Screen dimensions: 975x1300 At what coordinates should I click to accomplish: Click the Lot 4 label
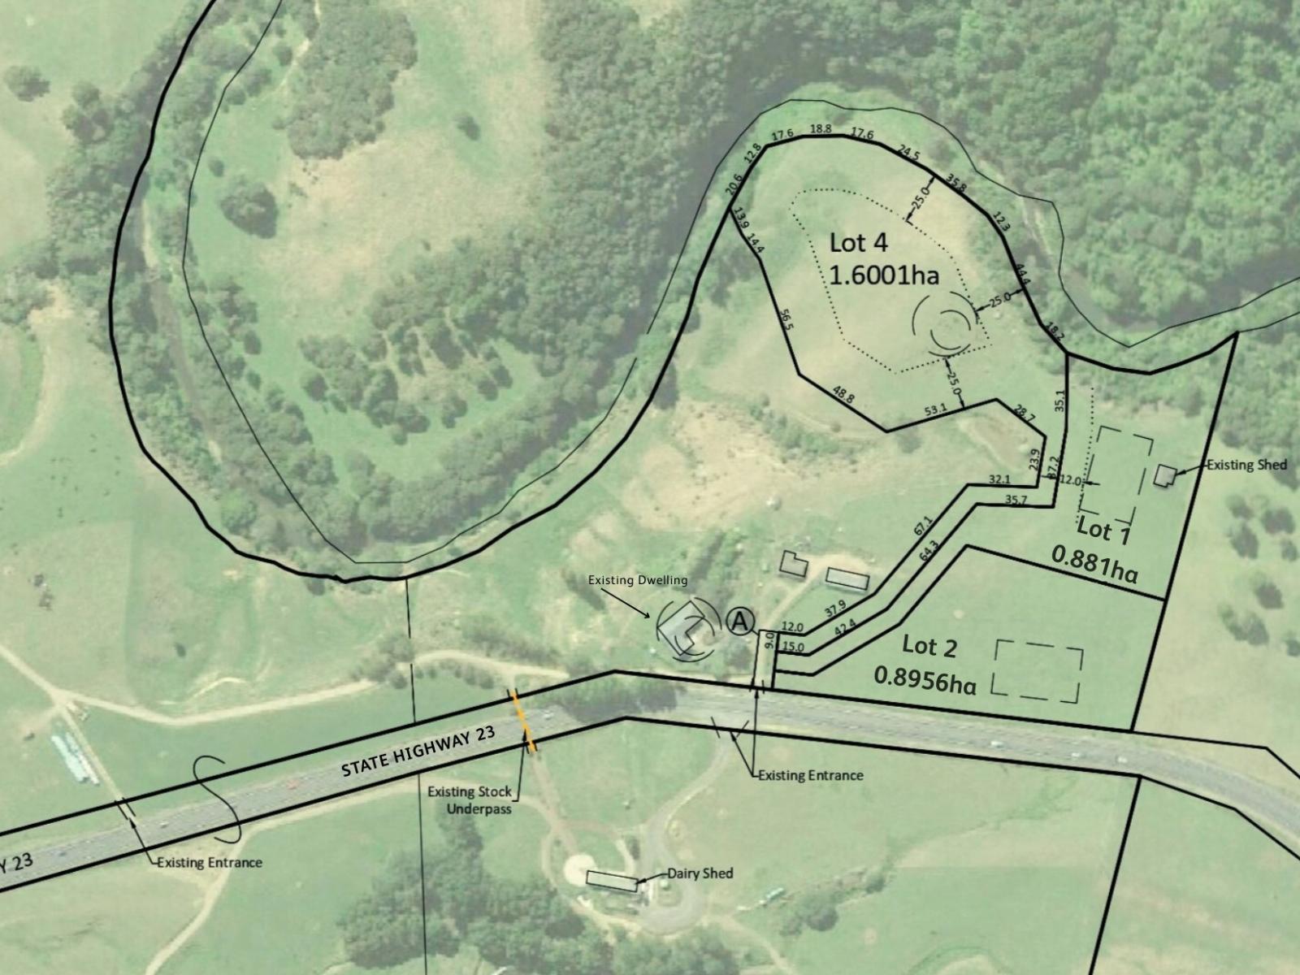click(859, 243)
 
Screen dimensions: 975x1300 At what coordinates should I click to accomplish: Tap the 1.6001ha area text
click(884, 275)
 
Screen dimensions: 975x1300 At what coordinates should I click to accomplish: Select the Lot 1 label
click(1103, 531)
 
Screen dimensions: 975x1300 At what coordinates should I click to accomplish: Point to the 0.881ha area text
click(1094, 564)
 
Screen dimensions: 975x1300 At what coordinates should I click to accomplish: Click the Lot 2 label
click(929, 647)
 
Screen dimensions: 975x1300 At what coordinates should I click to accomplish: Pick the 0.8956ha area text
click(925, 679)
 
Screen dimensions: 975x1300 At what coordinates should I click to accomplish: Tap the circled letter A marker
click(739, 622)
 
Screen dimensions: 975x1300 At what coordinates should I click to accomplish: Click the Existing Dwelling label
click(638, 580)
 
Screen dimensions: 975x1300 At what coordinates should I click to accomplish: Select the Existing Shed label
click(1246, 465)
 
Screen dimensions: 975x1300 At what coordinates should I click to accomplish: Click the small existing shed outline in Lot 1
click(1165, 476)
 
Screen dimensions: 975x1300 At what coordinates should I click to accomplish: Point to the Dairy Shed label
click(700, 873)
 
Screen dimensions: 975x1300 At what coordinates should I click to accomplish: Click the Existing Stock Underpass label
click(470, 799)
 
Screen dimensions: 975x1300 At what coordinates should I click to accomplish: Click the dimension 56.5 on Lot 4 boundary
click(786, 318)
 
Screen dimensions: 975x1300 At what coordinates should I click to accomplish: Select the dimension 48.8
click(843, 395)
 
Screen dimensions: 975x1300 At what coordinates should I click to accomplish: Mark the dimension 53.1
click(935, 411)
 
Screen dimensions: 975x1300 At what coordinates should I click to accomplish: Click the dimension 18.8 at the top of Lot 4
click(821, 128)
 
